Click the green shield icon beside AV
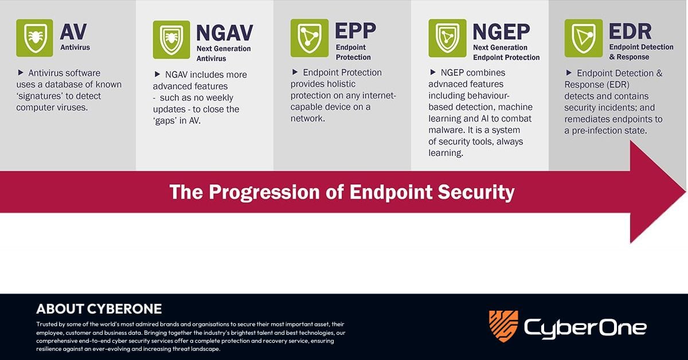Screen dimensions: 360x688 pos(35,38)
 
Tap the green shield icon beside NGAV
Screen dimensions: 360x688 pos(171,40)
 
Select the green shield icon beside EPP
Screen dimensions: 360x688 pos(309,38)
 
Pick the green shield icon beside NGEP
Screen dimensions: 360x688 pos(447,38)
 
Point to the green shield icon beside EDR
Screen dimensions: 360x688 pos(583,38)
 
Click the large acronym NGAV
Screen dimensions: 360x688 pos(224,33)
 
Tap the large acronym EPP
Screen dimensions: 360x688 pos(355,30)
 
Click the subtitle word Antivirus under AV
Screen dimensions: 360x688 pos(75,48)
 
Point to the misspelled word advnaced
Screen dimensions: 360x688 pos(448,84)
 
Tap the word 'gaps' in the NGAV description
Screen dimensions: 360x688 pos(173,120)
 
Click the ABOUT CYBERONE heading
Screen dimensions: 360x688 pos(99,309)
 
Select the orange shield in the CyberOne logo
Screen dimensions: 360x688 pos(503,326)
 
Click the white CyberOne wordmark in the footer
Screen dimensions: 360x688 pos(585,327)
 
